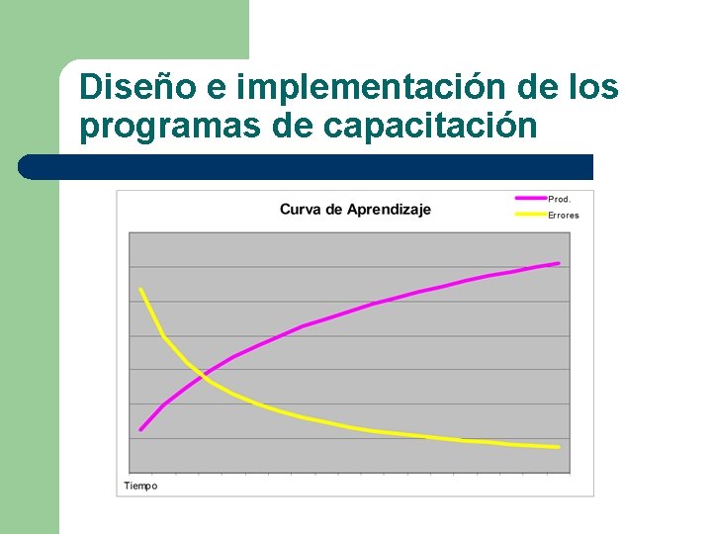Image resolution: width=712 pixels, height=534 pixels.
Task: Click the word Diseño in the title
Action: click(x=136, y=87)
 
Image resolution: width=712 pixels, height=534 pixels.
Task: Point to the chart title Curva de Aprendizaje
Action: click(x=355, y=210)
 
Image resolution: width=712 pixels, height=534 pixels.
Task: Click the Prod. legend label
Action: click(x=560, y=199)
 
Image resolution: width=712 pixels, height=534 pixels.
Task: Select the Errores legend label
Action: click(x=564, y=215)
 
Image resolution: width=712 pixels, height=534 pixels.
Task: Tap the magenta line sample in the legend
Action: click(x=531, y=199)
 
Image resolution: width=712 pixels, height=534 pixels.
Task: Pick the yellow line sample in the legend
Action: click(x=531, y=214)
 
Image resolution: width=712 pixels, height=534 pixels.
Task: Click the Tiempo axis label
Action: click(x=140, y=486)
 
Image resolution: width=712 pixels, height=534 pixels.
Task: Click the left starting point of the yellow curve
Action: click(x=141, y=290)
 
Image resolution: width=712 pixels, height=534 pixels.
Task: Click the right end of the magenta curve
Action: click(x=559, y=263)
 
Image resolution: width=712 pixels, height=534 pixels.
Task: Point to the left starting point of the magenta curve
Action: click(x=141, y=429)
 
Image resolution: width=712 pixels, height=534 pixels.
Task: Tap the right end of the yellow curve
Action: click(x=559, y=447)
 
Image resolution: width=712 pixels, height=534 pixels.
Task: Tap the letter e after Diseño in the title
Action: click(x=217, y=88)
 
